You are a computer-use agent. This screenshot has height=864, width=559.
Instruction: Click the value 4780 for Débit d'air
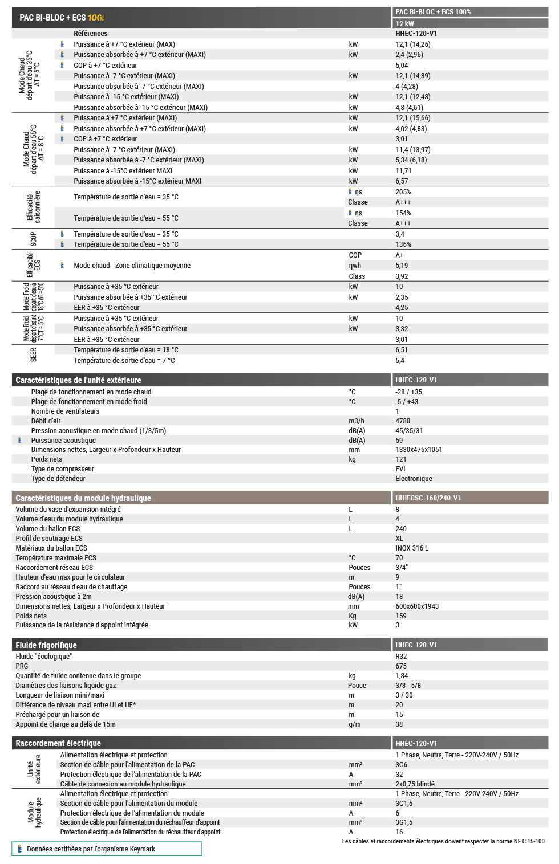point(403,421)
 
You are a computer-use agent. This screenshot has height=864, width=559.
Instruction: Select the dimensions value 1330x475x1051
point(419,450)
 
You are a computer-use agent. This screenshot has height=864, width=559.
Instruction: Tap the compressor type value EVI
point(400,469)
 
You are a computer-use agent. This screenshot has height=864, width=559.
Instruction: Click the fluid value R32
point(401,657)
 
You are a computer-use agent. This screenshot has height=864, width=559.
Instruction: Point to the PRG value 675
point(401,666)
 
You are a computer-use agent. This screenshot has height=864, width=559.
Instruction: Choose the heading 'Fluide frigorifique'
point(46,645)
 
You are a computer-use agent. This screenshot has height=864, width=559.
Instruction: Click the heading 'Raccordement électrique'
point(58,743)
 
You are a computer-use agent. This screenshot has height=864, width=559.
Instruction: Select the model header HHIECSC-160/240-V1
point(428,498)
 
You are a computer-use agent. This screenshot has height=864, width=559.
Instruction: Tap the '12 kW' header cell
point(405,23)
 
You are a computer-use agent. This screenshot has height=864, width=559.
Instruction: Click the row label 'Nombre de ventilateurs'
point(65,411)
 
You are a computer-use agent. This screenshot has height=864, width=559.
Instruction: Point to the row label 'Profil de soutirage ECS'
point(49,539)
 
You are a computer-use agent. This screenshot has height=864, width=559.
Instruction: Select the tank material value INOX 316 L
point(412,548)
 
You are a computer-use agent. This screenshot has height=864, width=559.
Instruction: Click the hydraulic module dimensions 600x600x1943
point(417,606)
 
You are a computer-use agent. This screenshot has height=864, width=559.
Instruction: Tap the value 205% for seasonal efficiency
point(403,192)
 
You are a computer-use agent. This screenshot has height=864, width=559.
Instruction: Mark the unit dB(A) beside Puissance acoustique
point(357,441)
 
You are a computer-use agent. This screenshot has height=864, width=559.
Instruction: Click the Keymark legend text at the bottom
point(91,849)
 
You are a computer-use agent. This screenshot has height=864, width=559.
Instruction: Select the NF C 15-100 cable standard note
point(443,841)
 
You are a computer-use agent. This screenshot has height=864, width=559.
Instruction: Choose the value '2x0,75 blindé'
point(415,784)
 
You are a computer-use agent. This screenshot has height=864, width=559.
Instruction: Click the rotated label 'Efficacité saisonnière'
point(34,207)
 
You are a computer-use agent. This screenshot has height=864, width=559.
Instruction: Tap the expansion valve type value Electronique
point(414,479)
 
